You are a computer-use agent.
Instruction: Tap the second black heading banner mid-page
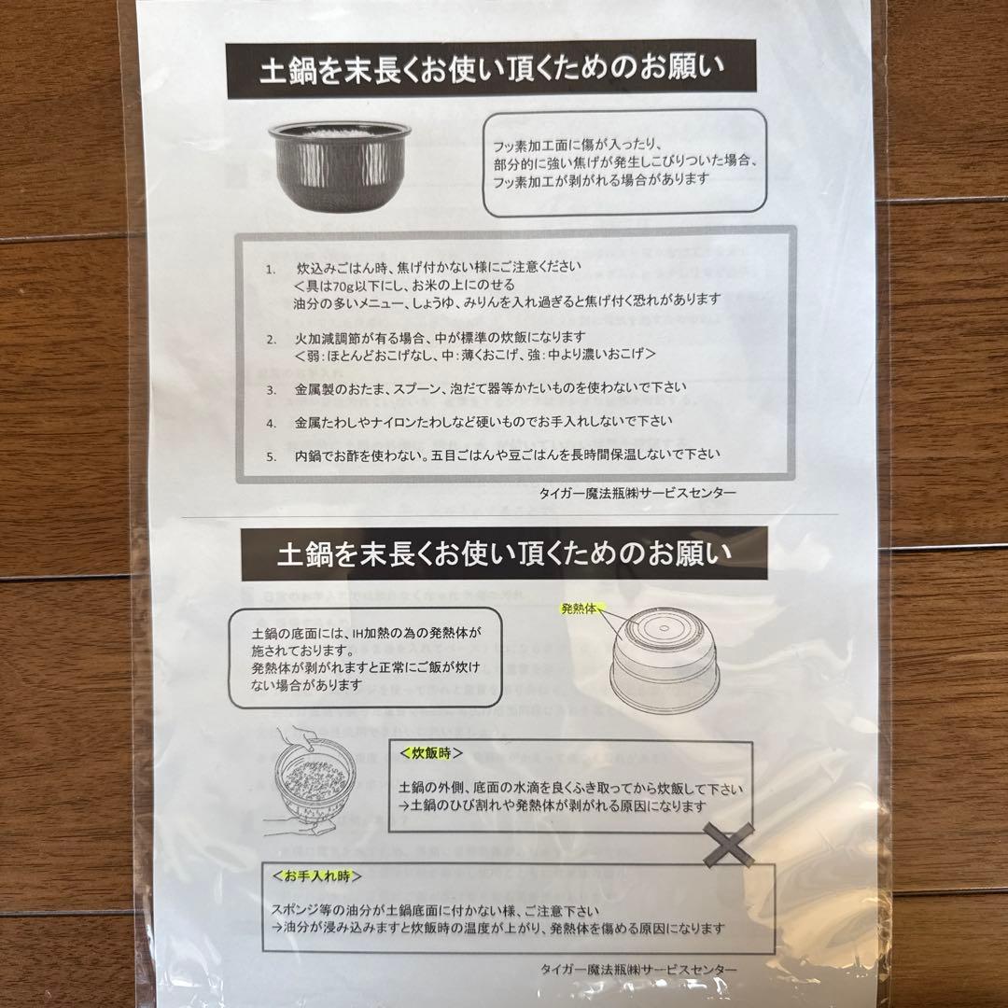504,554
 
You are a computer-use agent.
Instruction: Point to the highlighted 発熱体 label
581,609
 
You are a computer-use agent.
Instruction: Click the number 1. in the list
270,269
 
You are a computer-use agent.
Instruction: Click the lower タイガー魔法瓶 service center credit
639,969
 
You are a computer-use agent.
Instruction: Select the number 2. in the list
270,338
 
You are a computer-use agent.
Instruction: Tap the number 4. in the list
270,422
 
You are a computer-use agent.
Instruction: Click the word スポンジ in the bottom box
292,911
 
